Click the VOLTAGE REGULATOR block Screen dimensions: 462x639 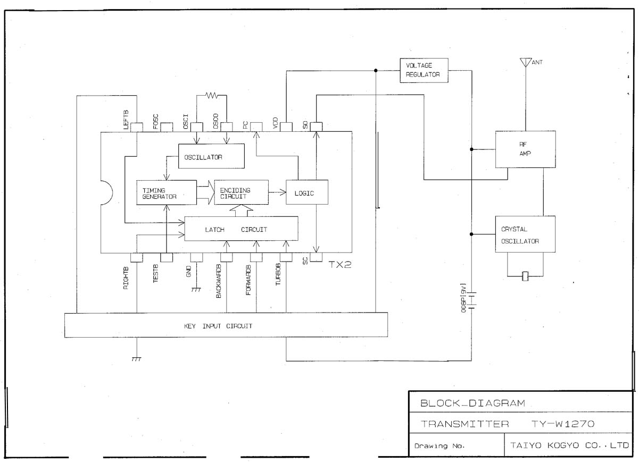tap(424, 70)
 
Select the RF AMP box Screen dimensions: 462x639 tap(525, 149)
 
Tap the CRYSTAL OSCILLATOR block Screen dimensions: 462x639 tap(525, 234)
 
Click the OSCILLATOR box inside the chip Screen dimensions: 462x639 tap(211, 157)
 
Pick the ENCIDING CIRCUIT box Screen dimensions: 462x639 tap(241, 193)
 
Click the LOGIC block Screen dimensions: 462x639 tap(307, 193)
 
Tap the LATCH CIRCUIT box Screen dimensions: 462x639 tap(240, 229)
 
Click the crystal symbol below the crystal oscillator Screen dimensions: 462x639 tap(526, 276)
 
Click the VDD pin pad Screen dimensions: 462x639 tap(286, 127)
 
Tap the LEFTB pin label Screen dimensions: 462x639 tap(126, 120)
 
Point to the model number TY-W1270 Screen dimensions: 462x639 tap(562, 424)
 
